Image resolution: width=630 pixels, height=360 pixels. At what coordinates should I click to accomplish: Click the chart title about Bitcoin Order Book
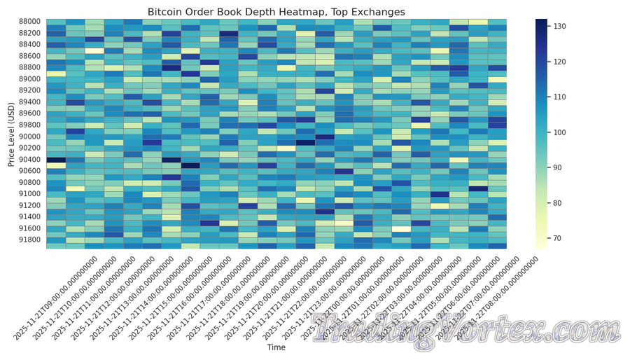276,12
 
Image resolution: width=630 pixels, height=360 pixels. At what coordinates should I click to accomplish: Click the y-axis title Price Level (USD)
12,132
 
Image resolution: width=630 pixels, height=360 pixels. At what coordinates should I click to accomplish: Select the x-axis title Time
276,347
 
